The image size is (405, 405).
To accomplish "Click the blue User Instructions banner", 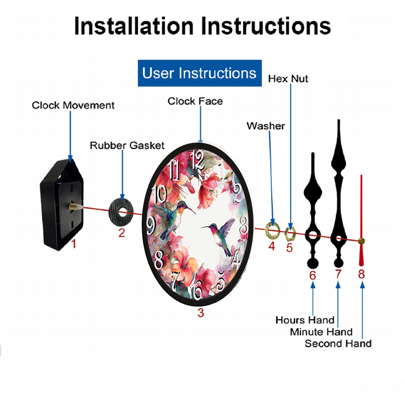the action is (x=200, y=73).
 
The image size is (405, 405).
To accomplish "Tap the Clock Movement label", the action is (x=73, y=105).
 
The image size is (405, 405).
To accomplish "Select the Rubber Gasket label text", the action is (x=127, y=145).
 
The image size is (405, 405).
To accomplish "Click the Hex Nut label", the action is (x=288, y=79).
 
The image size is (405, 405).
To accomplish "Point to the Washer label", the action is (x=266, y=126).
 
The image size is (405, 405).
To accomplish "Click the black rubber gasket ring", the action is (x=114, y=212).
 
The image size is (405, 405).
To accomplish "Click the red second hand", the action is (x=361, y=220).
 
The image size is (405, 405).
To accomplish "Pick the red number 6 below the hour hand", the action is (x=313, y=275).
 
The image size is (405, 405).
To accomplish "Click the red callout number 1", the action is (x=74, y=244).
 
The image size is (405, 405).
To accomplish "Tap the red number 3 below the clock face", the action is (x=201, y=313).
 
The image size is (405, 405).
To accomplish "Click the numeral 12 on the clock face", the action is (x=198, y=160).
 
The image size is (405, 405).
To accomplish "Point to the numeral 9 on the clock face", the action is (x=151, y=225).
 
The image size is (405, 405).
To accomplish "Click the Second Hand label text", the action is (x=338, y=344).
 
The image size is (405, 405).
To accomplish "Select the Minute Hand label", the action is (x=321, y=332).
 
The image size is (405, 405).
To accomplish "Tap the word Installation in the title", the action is (x=134, y=26).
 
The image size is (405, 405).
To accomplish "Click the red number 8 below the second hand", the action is (x=361, y=274).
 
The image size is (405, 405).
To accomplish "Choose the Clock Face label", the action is (x=195, y=101).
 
